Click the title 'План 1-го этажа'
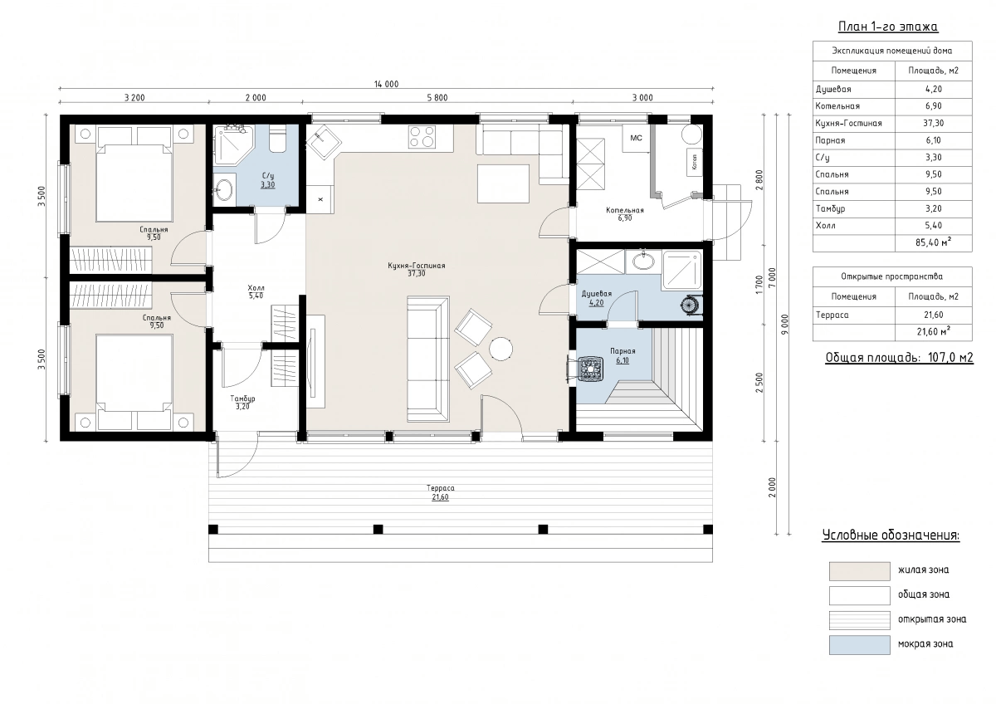coord(888,27)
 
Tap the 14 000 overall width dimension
coord(386,84)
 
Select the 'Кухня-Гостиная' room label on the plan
coord(416,266)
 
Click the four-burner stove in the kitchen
coord(422,136)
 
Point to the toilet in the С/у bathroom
coord(278,139)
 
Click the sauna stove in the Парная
coord(590,369)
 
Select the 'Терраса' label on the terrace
coord(440,488)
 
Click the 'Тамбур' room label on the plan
coord(242,398)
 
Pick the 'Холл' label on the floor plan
coord(256,288)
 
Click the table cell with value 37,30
coord(933,123)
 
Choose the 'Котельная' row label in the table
coord(837,106)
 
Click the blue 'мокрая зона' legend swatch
coord(860,645)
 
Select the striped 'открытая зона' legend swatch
coord(860,620)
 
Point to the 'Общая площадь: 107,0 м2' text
coord(899,358)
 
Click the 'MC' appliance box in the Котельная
coord(636,139)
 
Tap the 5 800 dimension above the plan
coord(437,98)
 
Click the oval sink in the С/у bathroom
coord(222,189)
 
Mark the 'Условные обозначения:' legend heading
coord(891,535)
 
